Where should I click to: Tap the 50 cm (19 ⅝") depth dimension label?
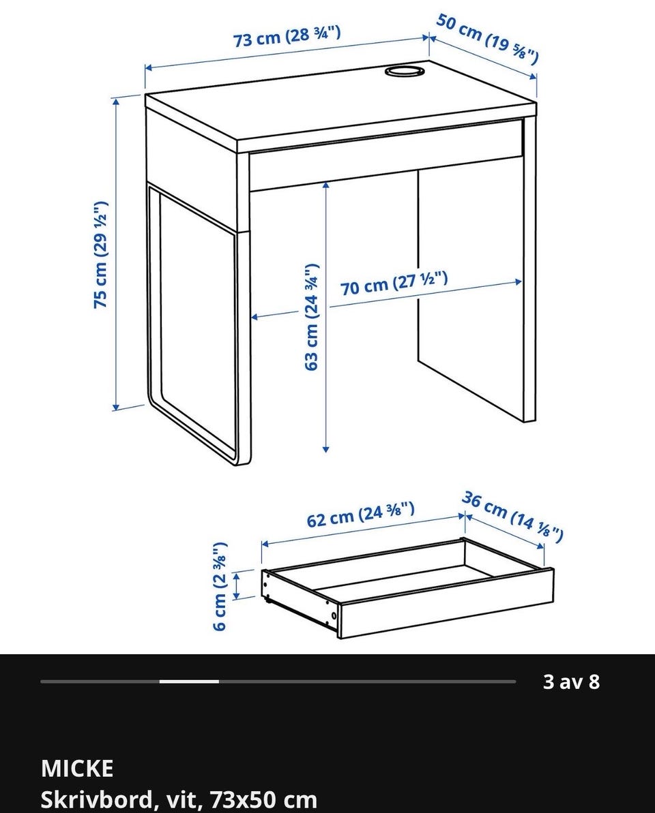pos(487,39)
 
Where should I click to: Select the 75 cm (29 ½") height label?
pos(100,254)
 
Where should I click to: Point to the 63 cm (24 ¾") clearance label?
pos(311,317)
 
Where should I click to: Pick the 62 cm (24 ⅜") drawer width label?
pos(360,515)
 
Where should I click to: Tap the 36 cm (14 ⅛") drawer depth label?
pos(512,517)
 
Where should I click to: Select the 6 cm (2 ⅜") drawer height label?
pos(220,586)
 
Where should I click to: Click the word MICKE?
pos(77,769)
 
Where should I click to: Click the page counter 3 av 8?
pos(571,681)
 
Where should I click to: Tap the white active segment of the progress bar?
pos(189,681)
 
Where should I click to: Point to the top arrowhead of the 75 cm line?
pos(116,102)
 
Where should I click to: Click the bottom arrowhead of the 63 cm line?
pos(325,448)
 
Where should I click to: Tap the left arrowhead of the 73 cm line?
pos(149,67)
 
